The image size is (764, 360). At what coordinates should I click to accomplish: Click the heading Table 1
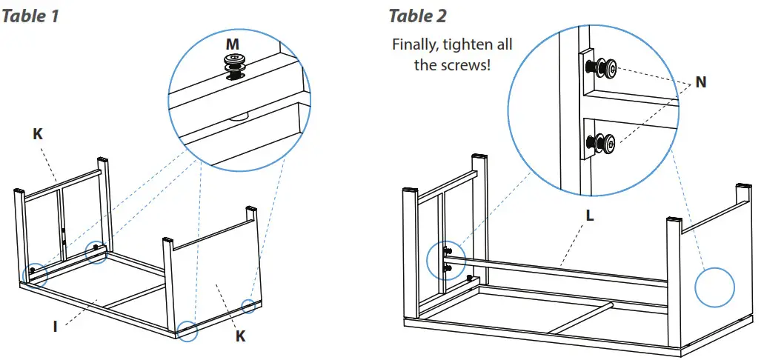(31, 16)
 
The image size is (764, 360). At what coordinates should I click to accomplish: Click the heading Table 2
(418, 16)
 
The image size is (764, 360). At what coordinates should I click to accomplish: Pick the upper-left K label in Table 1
(38, 134)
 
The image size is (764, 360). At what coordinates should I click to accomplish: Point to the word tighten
(468, 45)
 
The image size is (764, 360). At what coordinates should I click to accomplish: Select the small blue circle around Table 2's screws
(447, 259)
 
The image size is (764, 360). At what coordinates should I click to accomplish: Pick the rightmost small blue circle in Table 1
(249, 306)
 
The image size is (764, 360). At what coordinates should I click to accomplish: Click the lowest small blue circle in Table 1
(187, 330)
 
